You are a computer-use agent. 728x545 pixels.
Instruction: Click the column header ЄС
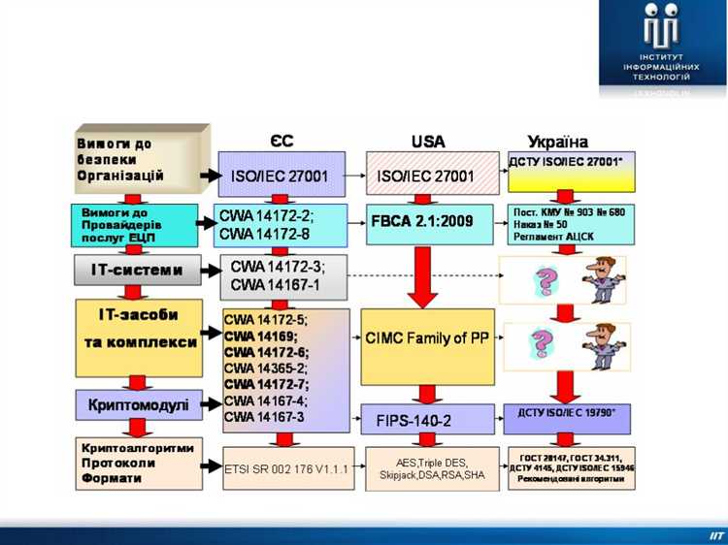point(282,142)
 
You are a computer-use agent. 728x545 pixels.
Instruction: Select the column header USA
point(427,142)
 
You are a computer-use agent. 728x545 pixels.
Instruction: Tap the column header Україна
point(557,142)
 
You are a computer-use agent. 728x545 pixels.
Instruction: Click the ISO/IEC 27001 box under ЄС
point(280,176)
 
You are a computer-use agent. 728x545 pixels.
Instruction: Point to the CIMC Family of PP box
point(427,338)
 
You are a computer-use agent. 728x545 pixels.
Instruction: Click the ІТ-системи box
point(138,270)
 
